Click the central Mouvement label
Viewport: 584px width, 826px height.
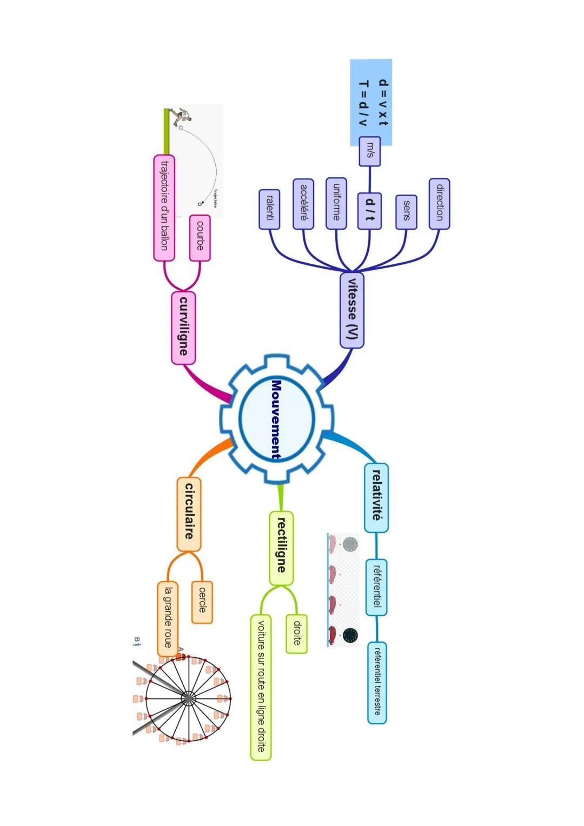coord(276,419)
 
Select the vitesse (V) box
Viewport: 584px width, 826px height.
coord(351,310)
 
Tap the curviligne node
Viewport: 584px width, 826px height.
coord(183,328)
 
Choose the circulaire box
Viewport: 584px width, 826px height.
coord(189,514)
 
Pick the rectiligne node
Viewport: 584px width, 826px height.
coord(281,548)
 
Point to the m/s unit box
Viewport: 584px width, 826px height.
coord(370,151)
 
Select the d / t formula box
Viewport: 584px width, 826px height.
coord(370,210)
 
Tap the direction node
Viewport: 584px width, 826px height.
coord(440,204)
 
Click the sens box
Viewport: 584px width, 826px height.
coord(407,211)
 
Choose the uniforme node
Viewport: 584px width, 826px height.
coord(336,203)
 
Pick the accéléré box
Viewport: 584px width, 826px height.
coord(303,204)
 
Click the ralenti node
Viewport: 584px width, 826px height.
coord(269,209)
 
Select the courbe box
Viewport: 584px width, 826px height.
coord(200,238)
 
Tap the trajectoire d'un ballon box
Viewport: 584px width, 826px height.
coord(164,208)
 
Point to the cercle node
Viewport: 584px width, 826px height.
coord(202,602)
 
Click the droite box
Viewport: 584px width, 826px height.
coord(296,634)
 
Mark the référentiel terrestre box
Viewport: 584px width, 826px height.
coord(377,682)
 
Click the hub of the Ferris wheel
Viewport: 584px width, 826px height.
coord(187,698)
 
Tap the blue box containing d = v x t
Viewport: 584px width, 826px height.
coord(371,102)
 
